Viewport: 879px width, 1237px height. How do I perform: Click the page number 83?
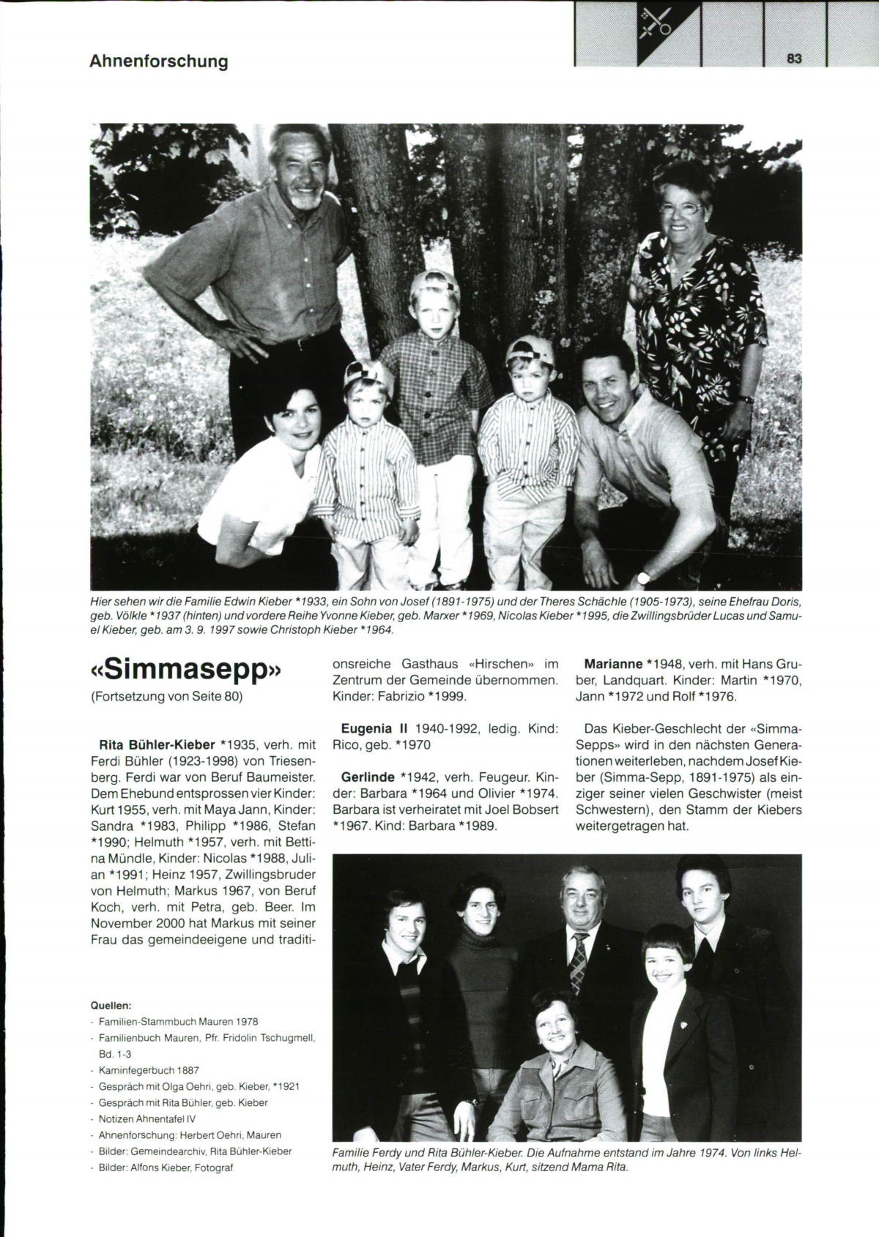coord(795,59)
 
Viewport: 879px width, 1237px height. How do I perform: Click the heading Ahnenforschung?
coord(159,61)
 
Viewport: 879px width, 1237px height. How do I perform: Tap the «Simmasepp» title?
coord(186,671)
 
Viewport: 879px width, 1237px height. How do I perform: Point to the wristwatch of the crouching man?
coord(644,578)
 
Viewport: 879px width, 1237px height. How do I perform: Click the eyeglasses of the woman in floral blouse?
coord(680,209)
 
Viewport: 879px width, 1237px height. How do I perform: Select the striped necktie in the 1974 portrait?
coord(579,961)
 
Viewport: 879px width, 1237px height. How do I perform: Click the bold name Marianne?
coord(612,665)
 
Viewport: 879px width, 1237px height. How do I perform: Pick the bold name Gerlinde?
coord(368,777)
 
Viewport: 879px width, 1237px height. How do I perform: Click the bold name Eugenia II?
coord(374,729)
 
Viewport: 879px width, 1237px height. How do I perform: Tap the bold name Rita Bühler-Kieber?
coord(152,745)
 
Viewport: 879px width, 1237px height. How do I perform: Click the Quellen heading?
coord(110,1005)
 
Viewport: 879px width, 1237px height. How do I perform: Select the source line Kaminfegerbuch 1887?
coord(149,1070)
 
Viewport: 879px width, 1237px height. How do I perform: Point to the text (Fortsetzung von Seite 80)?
coord(166,697)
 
